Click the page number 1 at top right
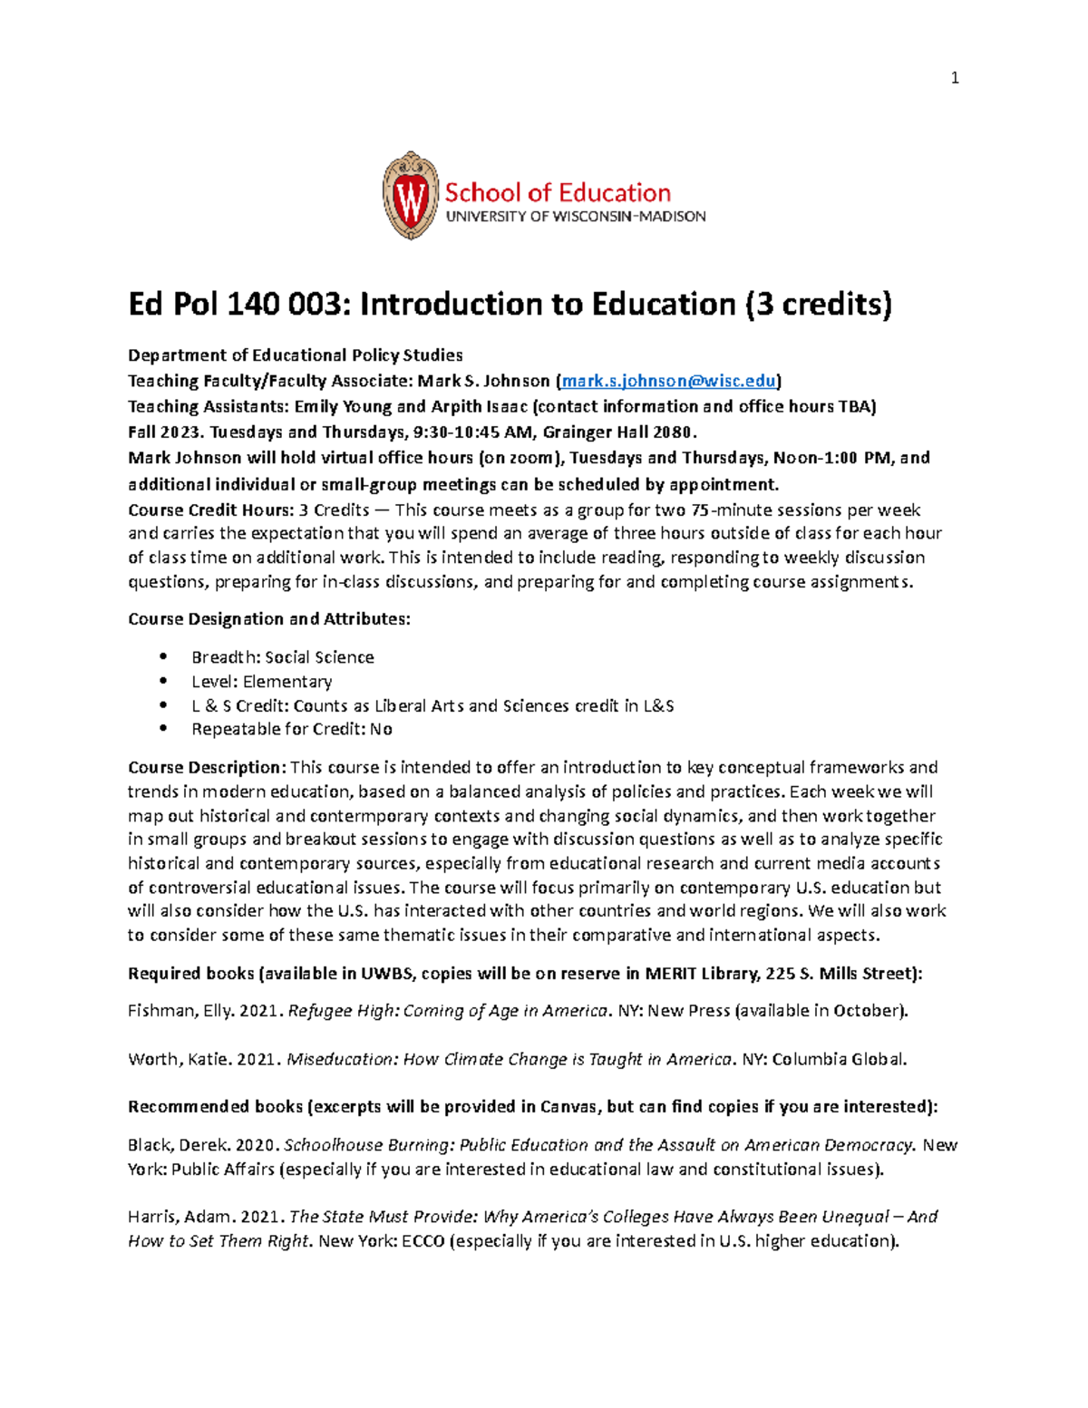click(x=954, y=78)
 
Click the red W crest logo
click(x=411, y=196)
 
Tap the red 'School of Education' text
click(x=557, y=192)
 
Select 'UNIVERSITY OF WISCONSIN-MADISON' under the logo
click(x=575, y=217)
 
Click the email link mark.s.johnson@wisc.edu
click(x=669, y=381)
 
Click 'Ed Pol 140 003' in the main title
click(x=237, y=304)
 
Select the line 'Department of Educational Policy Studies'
click(x=295, y=355)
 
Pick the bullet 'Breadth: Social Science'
click(x=282, y=657)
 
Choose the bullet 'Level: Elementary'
click(x=261, y=682)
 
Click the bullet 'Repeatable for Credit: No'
click(x=291, y=729)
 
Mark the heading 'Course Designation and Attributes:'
click(x=268, y=619)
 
